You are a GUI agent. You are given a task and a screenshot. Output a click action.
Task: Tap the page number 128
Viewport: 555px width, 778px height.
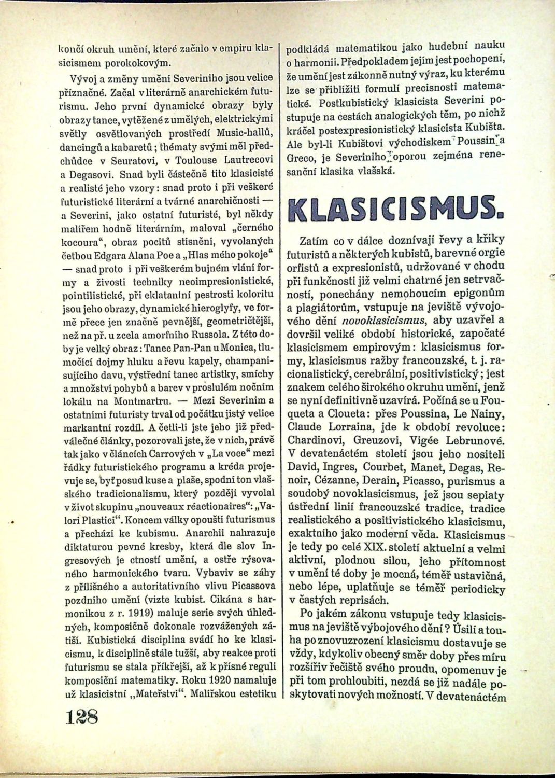[84, 720]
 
